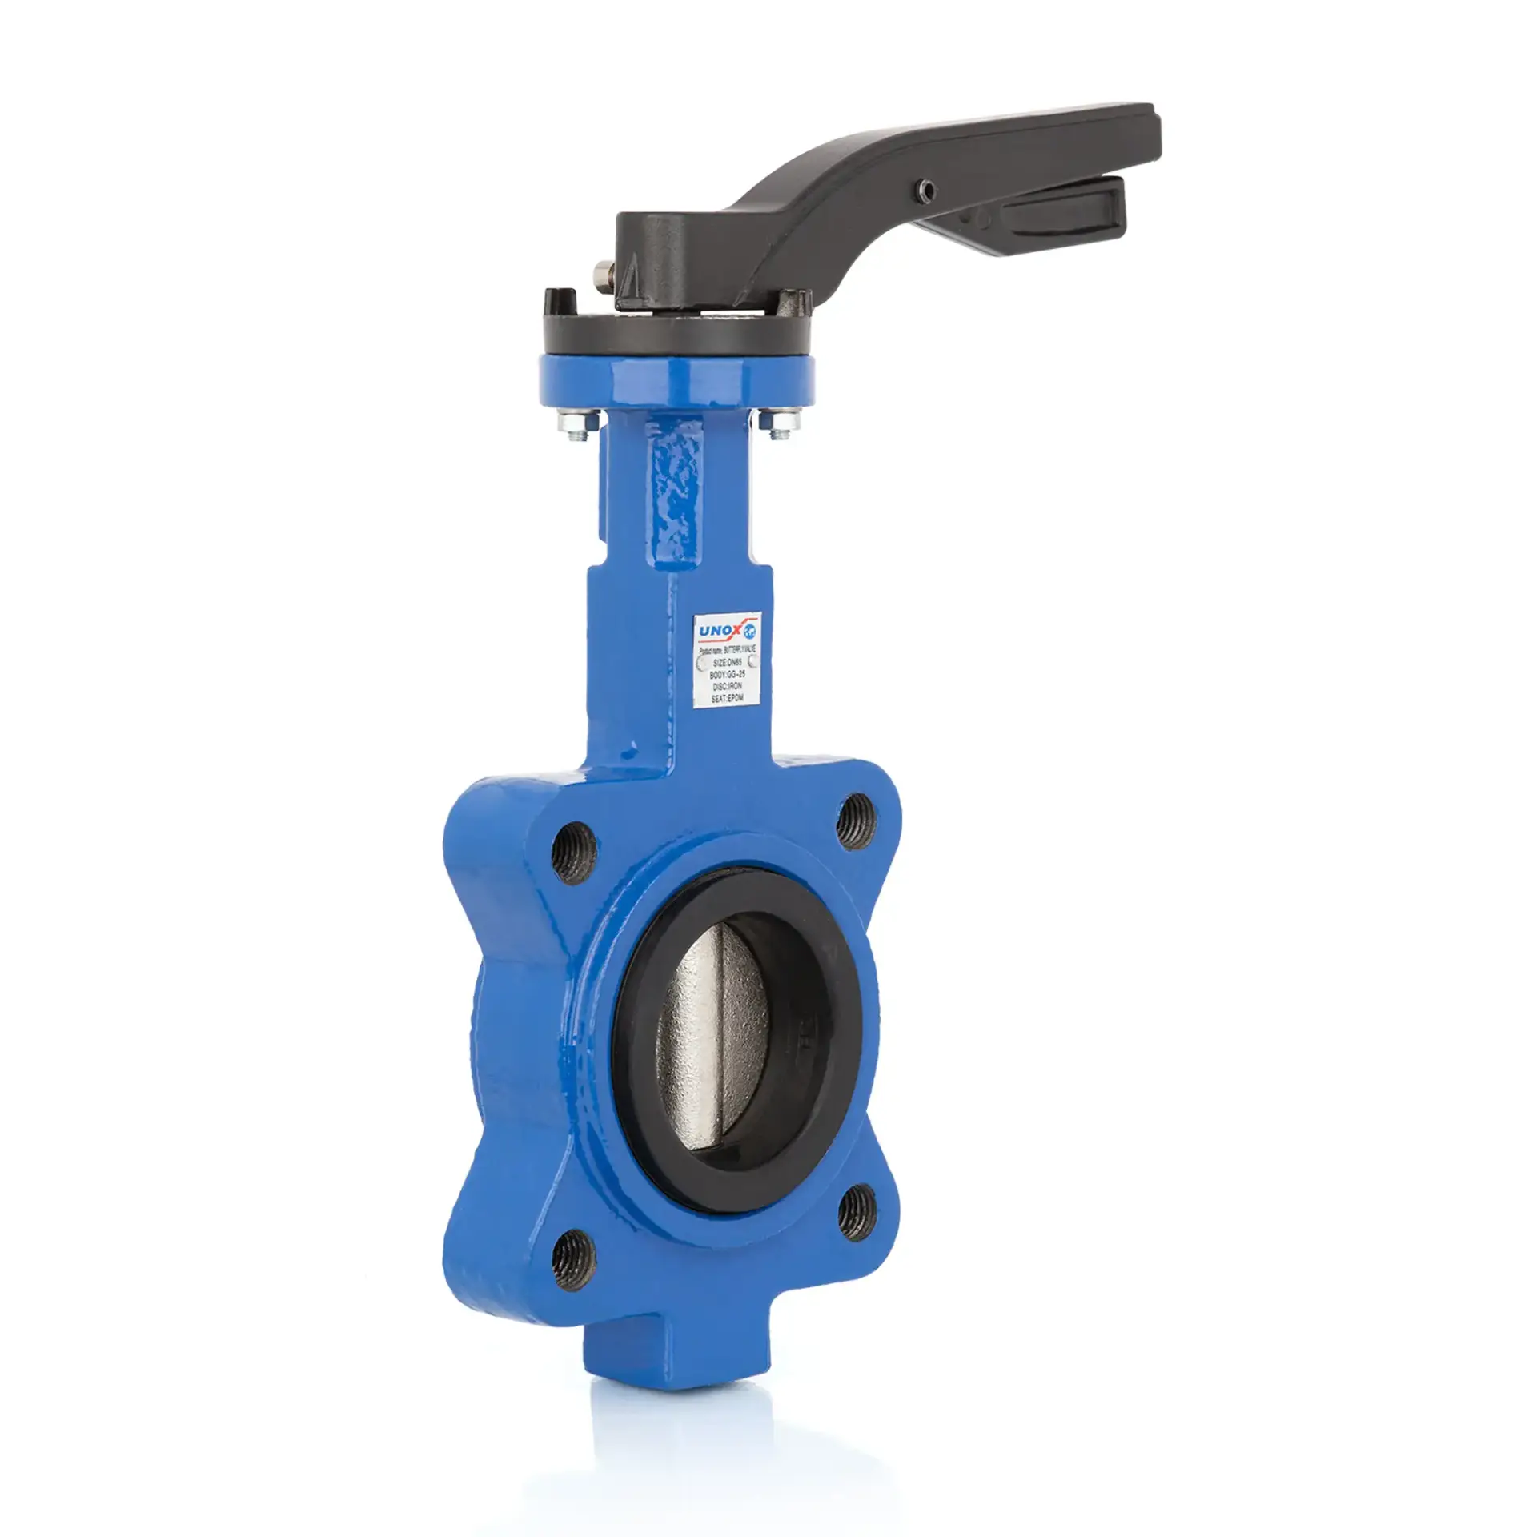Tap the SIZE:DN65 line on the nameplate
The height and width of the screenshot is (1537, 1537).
[x=727, y=663]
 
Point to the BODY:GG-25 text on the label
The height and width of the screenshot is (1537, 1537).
[x=727, y=675]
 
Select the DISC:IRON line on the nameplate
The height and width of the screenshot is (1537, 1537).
[x=727, y=687]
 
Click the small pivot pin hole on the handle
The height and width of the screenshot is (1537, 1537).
[x=927, y=190]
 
